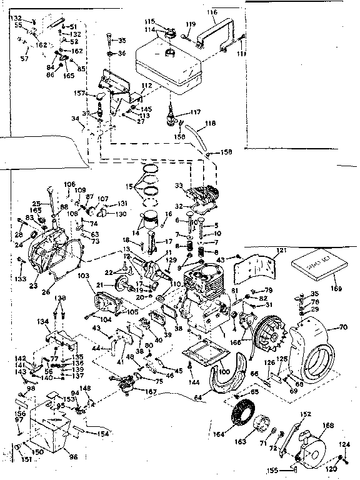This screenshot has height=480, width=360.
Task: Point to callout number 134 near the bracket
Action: click(x=42, y=321)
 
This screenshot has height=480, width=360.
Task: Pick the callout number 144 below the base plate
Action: click(x=194, y=381)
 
